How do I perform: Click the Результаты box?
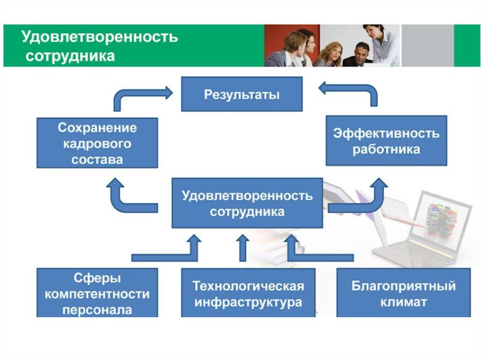click(x=242, y=94)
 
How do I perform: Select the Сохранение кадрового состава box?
click(x=97, y=143)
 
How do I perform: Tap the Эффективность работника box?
click(x=386, y=141)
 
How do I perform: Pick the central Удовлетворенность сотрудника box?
click(x=247, y=203)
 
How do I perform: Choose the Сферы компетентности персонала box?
click(x=97, y=292)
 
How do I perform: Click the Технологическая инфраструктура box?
click(x=248, y=292)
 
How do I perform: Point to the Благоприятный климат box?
click(x=403, y=292)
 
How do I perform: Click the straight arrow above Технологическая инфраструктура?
click(x=243, y=248)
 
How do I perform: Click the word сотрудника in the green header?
click(x=70, y=56)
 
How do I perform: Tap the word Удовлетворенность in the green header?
click(x=100, y=37)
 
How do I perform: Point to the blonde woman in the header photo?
click(x=331, y=54)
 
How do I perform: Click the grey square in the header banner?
click(x=427, y=46)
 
